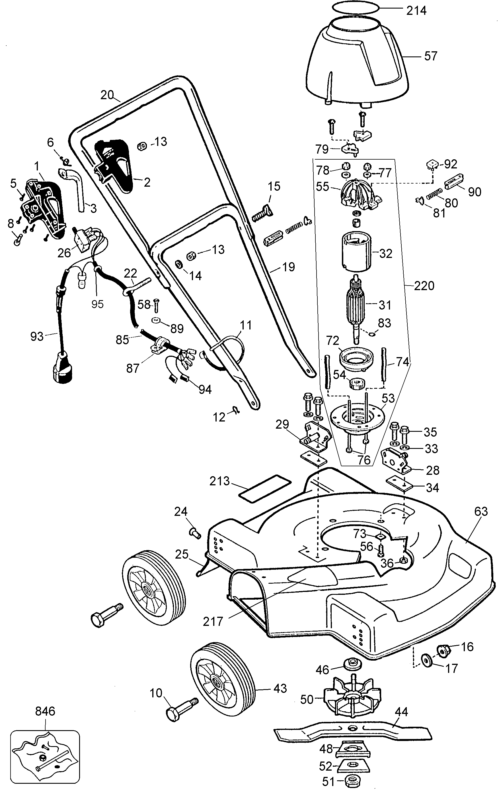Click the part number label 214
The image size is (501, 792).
tap(416, 11)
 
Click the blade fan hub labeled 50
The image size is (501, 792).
tap(352, 697)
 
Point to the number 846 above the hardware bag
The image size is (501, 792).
tap(45, 711)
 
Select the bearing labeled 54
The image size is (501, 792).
tap(357, 383)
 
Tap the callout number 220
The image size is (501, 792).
tap(424, 286)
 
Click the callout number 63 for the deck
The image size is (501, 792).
tap(481, 512)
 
